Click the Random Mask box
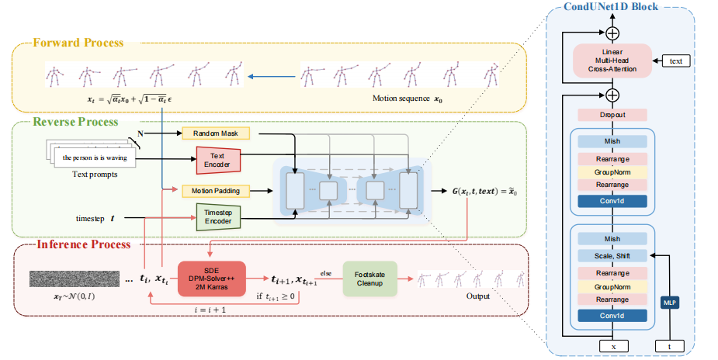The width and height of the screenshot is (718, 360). point(216,133)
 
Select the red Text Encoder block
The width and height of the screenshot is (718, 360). point(218,160)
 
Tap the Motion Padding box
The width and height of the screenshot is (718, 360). point(216,191)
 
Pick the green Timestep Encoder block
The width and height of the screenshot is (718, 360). point(218,216)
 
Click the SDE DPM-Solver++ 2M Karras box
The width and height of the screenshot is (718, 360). point(212,279)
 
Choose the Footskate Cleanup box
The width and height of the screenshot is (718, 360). point(370,279)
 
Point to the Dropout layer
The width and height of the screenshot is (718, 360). point(612,115)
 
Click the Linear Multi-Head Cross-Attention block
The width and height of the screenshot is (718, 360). point(612,61)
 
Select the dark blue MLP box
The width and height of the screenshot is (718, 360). point(669,303)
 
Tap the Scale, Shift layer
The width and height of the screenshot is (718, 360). point(612,256)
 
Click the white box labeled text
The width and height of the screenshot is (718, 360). point(676,61)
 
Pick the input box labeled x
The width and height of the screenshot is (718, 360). point(613,346)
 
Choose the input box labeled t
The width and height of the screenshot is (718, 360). point(669,346)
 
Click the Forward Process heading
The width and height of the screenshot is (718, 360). point(78,43)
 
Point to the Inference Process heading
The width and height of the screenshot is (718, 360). point(84,244)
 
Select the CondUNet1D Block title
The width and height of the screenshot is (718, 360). point(610,6)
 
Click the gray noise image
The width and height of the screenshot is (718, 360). point(75,279)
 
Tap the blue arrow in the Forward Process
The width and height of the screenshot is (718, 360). point(271,76)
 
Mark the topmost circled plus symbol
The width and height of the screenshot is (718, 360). point(612,33)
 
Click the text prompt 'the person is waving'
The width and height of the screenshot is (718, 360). point(95,157)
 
